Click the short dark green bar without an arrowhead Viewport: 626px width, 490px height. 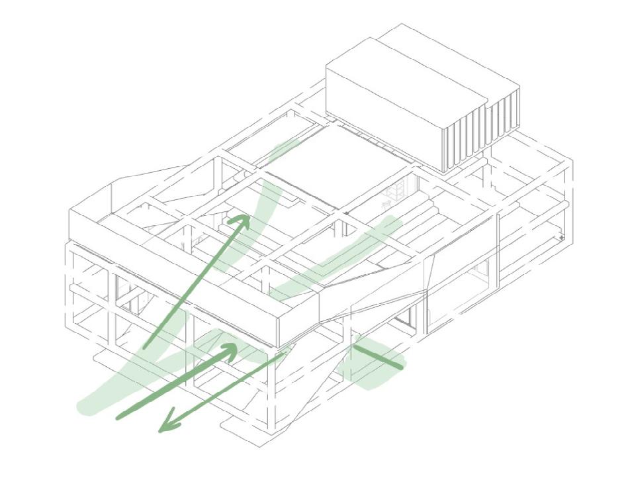tap(379, 354)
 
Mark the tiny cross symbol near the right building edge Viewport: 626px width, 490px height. tap(561, 236)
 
